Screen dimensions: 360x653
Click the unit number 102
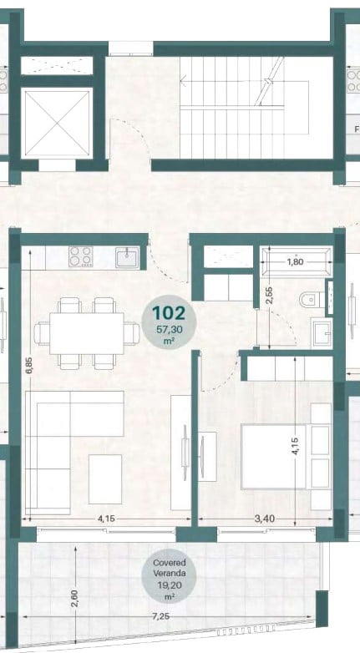point(169,313)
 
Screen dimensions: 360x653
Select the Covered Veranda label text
point(169,568)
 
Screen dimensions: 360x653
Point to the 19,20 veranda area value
point(169,586)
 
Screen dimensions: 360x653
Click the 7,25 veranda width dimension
point(161,616)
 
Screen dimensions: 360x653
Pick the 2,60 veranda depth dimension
point(75,598)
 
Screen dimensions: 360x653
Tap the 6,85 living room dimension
point(28,365)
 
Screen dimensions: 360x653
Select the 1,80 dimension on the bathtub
point(296,262)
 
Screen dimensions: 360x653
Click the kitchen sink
point(127,257)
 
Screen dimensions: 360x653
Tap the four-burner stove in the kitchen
point(81,256)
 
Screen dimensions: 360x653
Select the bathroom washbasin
point(322,332)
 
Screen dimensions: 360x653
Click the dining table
point(86,333)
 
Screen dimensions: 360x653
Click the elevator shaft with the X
point(57,123)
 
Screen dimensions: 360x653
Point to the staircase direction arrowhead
point(182,80)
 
